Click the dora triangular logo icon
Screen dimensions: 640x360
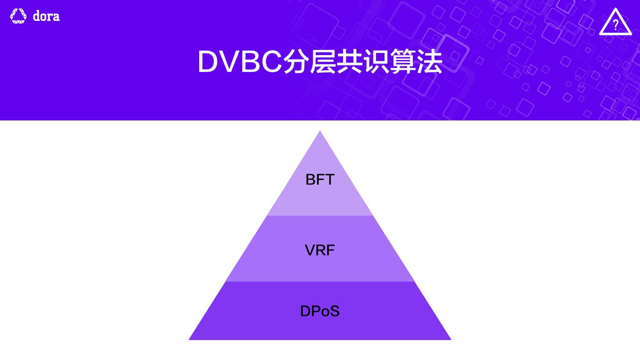18,16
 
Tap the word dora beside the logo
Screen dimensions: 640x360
46,16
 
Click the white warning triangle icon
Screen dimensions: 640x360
615,22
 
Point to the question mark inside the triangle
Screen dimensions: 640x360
616,25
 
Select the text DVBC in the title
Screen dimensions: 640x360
240,62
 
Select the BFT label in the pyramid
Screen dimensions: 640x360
320,180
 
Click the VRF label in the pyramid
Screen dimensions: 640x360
320,250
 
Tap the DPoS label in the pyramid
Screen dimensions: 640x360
320,311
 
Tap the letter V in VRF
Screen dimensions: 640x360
310,250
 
